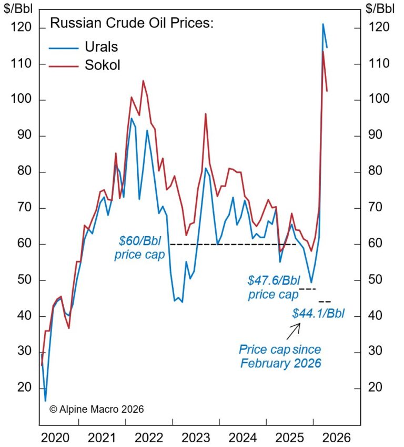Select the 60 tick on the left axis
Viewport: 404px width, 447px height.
click(x=24, y=244)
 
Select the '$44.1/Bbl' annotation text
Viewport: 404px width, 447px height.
click(x=318, y=314)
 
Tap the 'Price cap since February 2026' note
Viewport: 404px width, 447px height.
click(x=280, y=356)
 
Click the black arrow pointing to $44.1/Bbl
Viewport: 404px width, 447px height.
click(x=293, y=331)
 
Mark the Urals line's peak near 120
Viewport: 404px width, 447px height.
click(x=323, y=24)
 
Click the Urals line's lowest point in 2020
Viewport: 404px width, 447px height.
click(x=45, y=401)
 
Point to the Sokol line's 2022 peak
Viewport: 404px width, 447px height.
click(x=143, y=81)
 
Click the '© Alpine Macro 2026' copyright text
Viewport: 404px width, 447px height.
click(x=96, y=409)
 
